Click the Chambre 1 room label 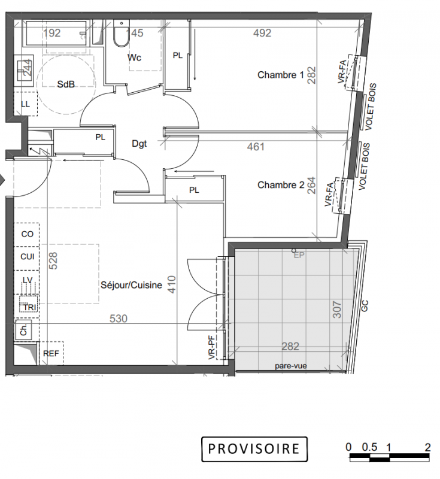281,75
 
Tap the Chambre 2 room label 281,185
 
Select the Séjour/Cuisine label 131,285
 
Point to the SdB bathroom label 66,84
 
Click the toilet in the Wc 121,33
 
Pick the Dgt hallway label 139,143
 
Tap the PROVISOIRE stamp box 254,448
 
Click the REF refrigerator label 51,353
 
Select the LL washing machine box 26,104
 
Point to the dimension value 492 262,33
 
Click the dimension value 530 119,319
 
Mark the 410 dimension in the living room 172,284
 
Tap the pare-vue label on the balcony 291,366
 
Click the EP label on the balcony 299,255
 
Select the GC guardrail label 365,306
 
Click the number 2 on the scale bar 427,447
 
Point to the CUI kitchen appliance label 28,257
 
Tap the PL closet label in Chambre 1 177,55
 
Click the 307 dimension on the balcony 337,310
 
